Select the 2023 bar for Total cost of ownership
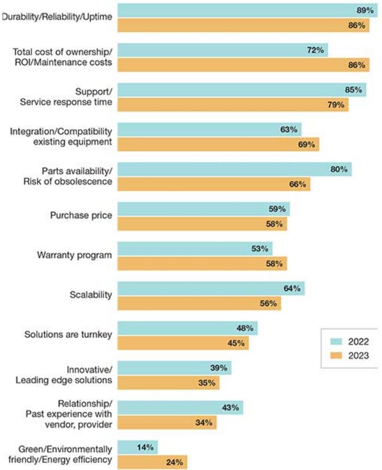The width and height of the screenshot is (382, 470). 243,65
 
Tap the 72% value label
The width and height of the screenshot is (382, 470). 315,50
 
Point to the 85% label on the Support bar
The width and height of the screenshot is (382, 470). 353,90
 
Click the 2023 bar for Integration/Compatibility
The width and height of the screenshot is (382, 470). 218,145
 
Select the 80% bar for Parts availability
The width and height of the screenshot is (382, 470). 234,169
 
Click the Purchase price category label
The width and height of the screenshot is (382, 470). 81,216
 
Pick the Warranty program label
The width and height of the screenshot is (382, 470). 74,255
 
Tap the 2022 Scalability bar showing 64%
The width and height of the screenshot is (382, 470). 211,288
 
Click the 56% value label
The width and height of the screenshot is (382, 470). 268,304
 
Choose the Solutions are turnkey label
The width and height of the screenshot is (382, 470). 68,335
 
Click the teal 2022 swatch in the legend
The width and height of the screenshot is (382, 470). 336,341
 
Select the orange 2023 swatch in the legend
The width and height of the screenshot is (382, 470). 336,356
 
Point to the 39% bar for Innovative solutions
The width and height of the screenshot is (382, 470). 174,368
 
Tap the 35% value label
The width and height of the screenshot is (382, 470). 207,383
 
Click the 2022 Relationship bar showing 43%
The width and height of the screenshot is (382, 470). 180,408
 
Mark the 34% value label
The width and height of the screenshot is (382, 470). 204,423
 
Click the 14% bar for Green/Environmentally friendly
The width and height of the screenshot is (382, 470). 138,447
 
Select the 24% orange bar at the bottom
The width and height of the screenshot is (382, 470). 152,462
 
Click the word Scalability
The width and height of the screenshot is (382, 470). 91,295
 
